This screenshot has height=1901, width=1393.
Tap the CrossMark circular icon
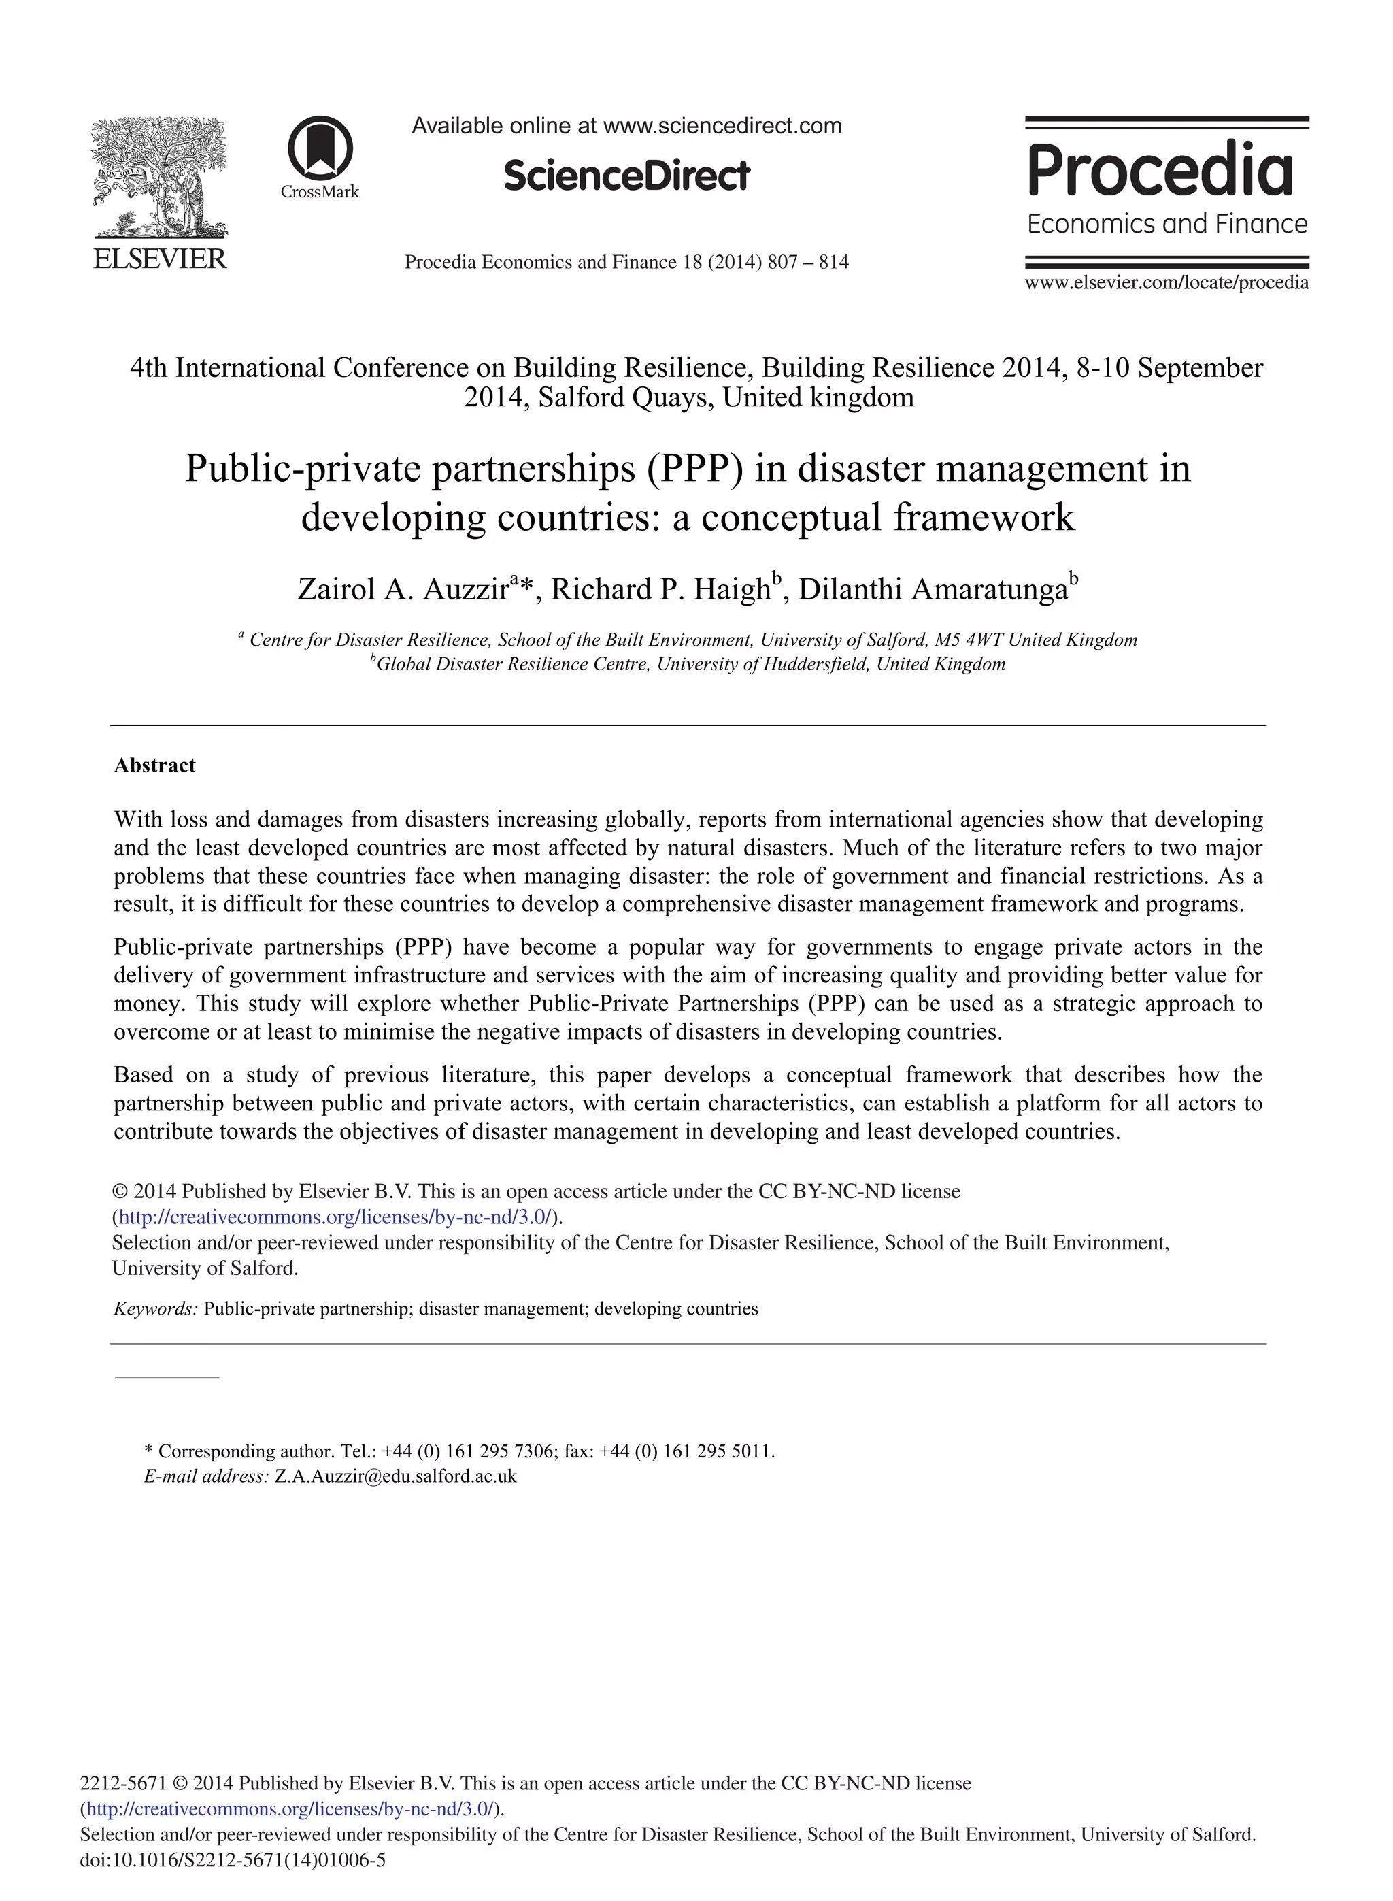pos(320,148)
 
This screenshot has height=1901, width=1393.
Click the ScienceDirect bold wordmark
pos(626,176)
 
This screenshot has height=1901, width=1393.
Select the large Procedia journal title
pos(1160,169)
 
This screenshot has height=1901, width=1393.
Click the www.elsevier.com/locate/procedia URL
pos(1167,282)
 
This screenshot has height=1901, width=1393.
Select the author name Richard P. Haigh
pos(660,589)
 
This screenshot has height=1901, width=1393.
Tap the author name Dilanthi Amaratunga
pos(933,589)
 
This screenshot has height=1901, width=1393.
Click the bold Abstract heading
pos(155,765)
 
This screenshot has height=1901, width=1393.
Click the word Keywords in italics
pos(155,1308)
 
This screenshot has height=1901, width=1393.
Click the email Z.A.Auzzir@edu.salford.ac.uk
pos(395,1476)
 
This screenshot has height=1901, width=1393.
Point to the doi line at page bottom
pos(233,1859)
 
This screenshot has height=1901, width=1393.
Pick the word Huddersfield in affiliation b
pos(816,665)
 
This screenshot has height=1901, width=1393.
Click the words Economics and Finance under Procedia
pos(1167,225)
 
